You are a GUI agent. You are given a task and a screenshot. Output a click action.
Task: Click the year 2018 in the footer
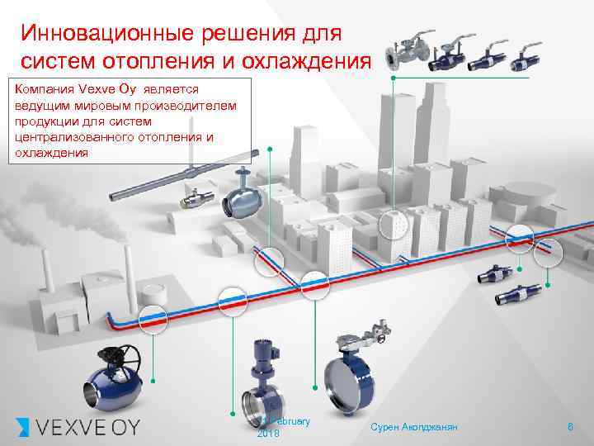click(268, 434)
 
